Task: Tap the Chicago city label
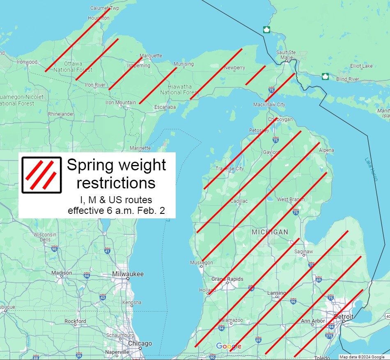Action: click(140, 344)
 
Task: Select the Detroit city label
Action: click(343, 316)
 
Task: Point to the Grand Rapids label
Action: click(227, 279)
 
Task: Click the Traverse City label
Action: click(229, 168)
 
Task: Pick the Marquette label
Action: click(151, 56)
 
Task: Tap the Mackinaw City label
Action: click(269, 105)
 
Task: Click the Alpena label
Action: click(326, 150)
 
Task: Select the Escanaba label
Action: click(165, 107)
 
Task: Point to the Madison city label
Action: click(62, 273)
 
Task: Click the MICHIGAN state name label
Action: click(270, 232)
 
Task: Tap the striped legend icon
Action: click(41, 175)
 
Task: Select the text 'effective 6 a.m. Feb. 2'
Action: click(116, 211)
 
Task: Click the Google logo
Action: click(229, 346)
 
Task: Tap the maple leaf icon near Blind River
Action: click(325, 76)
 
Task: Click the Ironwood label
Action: click(27, 62)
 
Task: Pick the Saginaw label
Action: click(304, 252)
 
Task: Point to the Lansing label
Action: click(276, 293)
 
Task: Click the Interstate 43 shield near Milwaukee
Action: click(103, 297)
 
